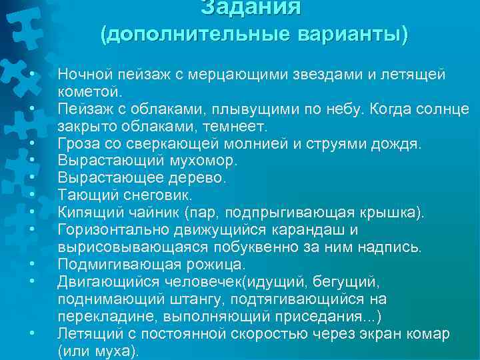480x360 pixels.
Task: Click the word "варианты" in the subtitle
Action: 352,35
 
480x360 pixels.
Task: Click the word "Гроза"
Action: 77,143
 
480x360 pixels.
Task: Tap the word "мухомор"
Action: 191,160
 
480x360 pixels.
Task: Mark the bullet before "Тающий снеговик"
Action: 31,195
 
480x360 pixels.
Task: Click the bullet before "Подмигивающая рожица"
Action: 31,263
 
